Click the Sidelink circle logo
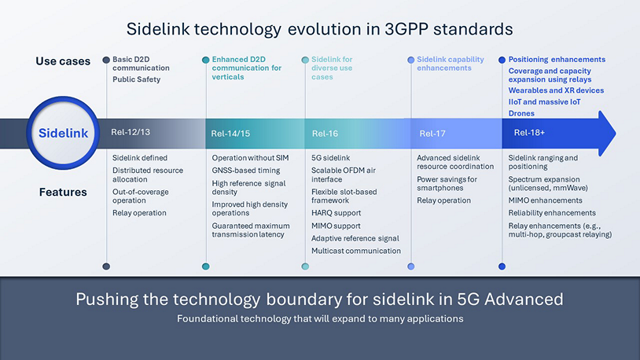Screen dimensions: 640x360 pyautogui.click(x=63, y=133)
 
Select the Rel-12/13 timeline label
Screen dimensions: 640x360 pyautogui.click(x=131, y=132)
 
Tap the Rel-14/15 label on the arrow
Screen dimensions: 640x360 pyautogui.click(x=230, y=134)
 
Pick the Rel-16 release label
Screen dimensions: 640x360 pyautogui.click(x=325, y=134)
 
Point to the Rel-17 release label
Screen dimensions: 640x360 pyautogui.click(x=432, y=134)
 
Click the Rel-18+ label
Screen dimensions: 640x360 pyautogui.click(x=529, y=132)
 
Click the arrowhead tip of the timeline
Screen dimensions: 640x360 pyautogui.click(x=616, y=133)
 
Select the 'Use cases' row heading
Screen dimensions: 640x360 pyautogui.click(x=63, y=61)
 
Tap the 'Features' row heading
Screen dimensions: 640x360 pyautogui.click(x=63, y=192)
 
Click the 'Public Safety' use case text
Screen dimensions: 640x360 pyautogui.click(x=136, y=79)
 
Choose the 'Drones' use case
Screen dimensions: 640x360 pyautogui.click(x=521, y=113)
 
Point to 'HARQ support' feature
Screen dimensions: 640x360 pyautogui.click(x=336, y=213)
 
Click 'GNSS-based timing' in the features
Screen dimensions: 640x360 pyautogui.click(x=246, y=171)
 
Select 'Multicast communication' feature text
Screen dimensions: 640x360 pyautogui.click(x=356, y=251)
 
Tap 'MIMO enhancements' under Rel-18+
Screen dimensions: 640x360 pyautogui.click(x=545, y=200)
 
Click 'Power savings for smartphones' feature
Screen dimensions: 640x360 pyautogui.click(x=447, y=183)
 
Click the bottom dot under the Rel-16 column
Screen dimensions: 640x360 pyautogui.click(x=305, y=266)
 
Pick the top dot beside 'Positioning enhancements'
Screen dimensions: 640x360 pyautogui.click(x=502, y=60)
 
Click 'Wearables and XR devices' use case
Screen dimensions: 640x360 pyautogui.click(x=556, y=90)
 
